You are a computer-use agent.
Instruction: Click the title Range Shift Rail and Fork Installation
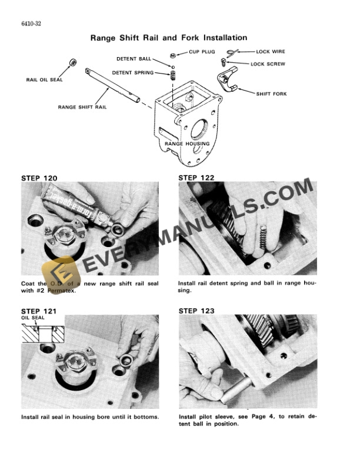click(x=168, y=38)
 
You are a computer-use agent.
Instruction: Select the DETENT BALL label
click(x=135, y=59)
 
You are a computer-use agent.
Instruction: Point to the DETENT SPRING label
click(x=132, y=73)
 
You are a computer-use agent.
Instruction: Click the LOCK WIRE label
click(x=271, y=52)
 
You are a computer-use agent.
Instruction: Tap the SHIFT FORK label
click(x=271, y=94)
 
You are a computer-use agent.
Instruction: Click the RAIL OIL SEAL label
click(x=44, y=79)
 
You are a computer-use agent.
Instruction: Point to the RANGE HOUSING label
click(x=184, y=143)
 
